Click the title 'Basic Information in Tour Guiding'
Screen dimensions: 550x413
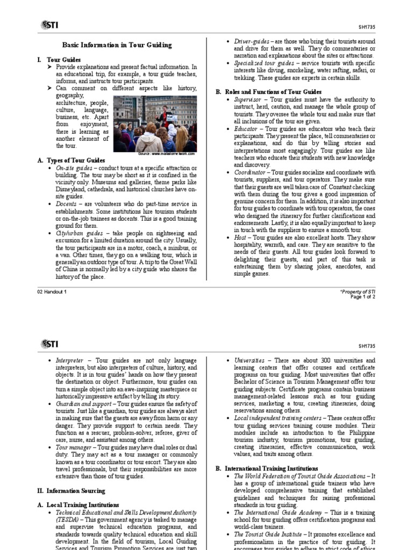pyautogui.click(x=117, y=45)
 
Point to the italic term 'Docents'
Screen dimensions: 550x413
pyautogui.click(x=67, y=204)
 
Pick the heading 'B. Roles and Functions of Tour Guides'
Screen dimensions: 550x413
pyautogui.click(x=268, y=92)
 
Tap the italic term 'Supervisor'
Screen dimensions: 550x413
pyautogui.click(x=250, y=100)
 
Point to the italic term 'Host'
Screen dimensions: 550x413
pyautogui.click(x=240, y=237)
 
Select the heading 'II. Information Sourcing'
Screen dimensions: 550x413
pyautogui.click(x=71, y=490)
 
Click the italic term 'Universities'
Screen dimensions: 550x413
pyautogui.click(x=250, y=359)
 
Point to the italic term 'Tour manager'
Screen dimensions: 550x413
pyautogui.click(x=73, y=446)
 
